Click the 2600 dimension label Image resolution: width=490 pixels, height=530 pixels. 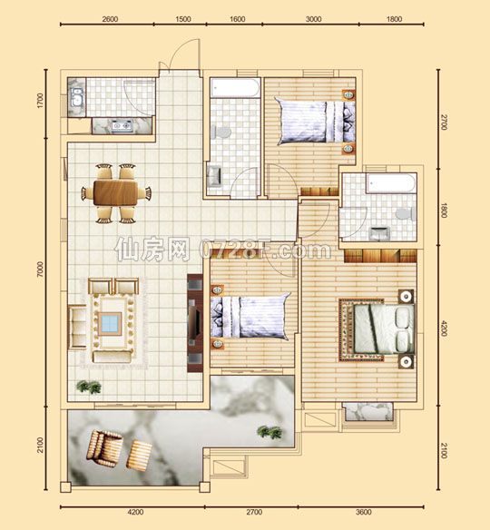point(110,19)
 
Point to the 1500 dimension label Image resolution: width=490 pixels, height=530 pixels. point(183,19)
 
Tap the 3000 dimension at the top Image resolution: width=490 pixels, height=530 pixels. point(314,19)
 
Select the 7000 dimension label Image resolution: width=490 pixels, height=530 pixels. point(40,270)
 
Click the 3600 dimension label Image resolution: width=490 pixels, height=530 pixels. point(364,512)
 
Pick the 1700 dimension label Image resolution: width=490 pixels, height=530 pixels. point(40,101)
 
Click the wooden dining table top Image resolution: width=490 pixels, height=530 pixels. point(115,193)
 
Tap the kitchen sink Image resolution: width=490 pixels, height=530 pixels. point(77,97)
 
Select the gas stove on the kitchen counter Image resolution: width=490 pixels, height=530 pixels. point(122,126)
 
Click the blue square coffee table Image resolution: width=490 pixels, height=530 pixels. point(110,323)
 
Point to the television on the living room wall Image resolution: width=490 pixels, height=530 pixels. point(195,323)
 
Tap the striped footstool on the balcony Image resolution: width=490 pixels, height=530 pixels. point(139,456)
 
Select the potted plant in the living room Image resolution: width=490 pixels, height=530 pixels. point(89,387)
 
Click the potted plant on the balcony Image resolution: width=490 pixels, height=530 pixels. point(269,432)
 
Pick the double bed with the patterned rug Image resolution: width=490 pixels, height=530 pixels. point(377,329)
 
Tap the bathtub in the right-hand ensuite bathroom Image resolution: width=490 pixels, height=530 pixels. point(391,183)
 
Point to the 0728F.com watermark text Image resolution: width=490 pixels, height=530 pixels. point(265,250)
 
